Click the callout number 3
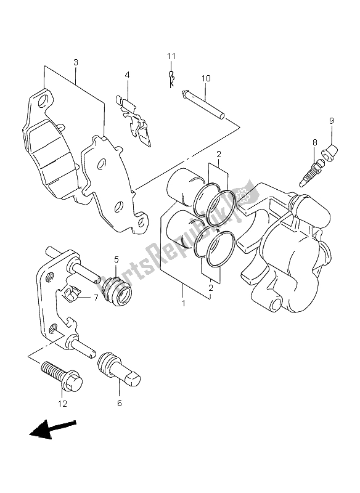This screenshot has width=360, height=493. [x=76, y=63]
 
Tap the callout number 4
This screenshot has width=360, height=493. [x=127, y=75]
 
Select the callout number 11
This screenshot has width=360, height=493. [x=171, y=57]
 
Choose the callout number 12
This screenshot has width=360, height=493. [x=63, y=404]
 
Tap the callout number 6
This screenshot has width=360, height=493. [x=120, y=404]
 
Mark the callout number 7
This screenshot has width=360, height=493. [x=96, y=298]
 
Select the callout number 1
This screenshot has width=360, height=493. [x=183, y=303]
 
